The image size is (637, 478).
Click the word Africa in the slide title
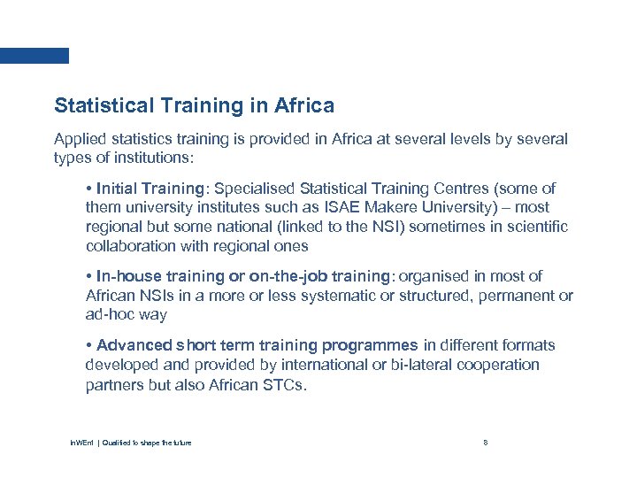[x=304, y=106]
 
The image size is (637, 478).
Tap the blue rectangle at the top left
[x=35, y=55]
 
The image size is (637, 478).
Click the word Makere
[x=388, y=208]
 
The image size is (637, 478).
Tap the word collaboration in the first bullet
[x=130, y=246]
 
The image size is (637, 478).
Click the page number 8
[x=486, y=442]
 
